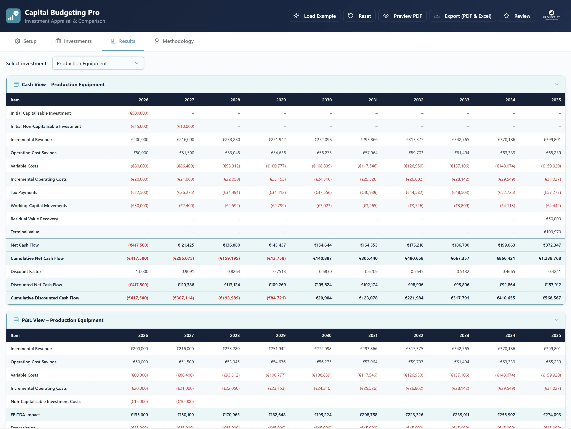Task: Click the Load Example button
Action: point(314,16)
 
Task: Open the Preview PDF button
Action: point(403,16)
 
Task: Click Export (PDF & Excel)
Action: point(463,16)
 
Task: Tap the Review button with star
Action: point(517,16)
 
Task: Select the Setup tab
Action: point(26,41)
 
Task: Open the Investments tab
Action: point(74,41)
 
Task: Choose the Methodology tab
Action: point(174,41)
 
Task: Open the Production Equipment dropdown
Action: point(98,63)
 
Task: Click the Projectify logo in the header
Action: point(551,15)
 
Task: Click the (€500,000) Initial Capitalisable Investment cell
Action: point(138,113)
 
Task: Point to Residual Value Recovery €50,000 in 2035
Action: point(553,219)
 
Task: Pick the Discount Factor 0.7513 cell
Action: point(280,271)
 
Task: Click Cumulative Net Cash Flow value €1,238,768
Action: point(550,258)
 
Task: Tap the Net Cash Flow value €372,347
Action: point(552,245)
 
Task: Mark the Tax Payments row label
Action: point(24,192)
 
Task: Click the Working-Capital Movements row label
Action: point(39,206)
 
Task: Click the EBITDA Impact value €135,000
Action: point(139,415)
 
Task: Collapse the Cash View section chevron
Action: point(557,84)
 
